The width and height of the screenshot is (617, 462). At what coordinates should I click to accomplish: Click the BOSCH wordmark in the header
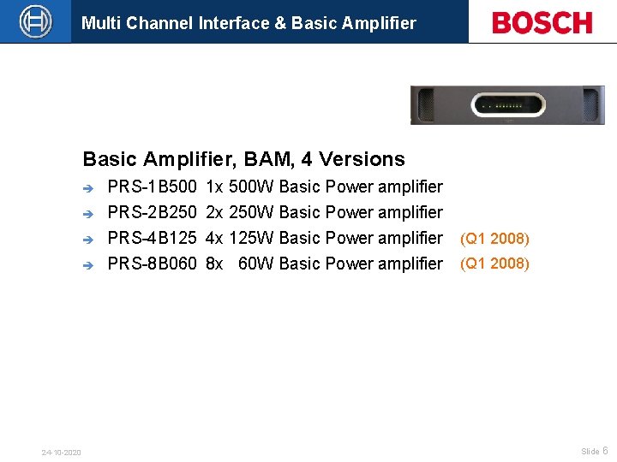[x=542, y=22]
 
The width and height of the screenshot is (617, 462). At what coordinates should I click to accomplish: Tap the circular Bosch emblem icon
[x=35, y=21]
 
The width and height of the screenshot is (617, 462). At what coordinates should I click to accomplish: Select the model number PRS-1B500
[x=152, y=187]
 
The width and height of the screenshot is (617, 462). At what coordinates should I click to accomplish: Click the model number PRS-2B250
[x=152, y=212]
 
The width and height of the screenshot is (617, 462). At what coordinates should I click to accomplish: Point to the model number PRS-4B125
[x=152, y=238]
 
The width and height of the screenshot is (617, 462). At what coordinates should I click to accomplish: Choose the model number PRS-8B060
[x=152, y=264]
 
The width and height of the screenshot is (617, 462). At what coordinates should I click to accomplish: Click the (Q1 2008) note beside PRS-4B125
[x=494, y=239]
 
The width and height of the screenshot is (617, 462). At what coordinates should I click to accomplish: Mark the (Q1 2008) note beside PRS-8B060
[x=494, y=264]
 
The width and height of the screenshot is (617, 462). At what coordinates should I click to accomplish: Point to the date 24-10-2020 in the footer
[x=62, y=452]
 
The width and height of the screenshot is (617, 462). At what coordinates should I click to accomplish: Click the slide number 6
[x=605, y=451]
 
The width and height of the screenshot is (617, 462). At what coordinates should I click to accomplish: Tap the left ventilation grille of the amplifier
[x=425, y=106]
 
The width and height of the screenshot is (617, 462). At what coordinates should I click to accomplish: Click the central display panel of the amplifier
[x=507, y=106]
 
